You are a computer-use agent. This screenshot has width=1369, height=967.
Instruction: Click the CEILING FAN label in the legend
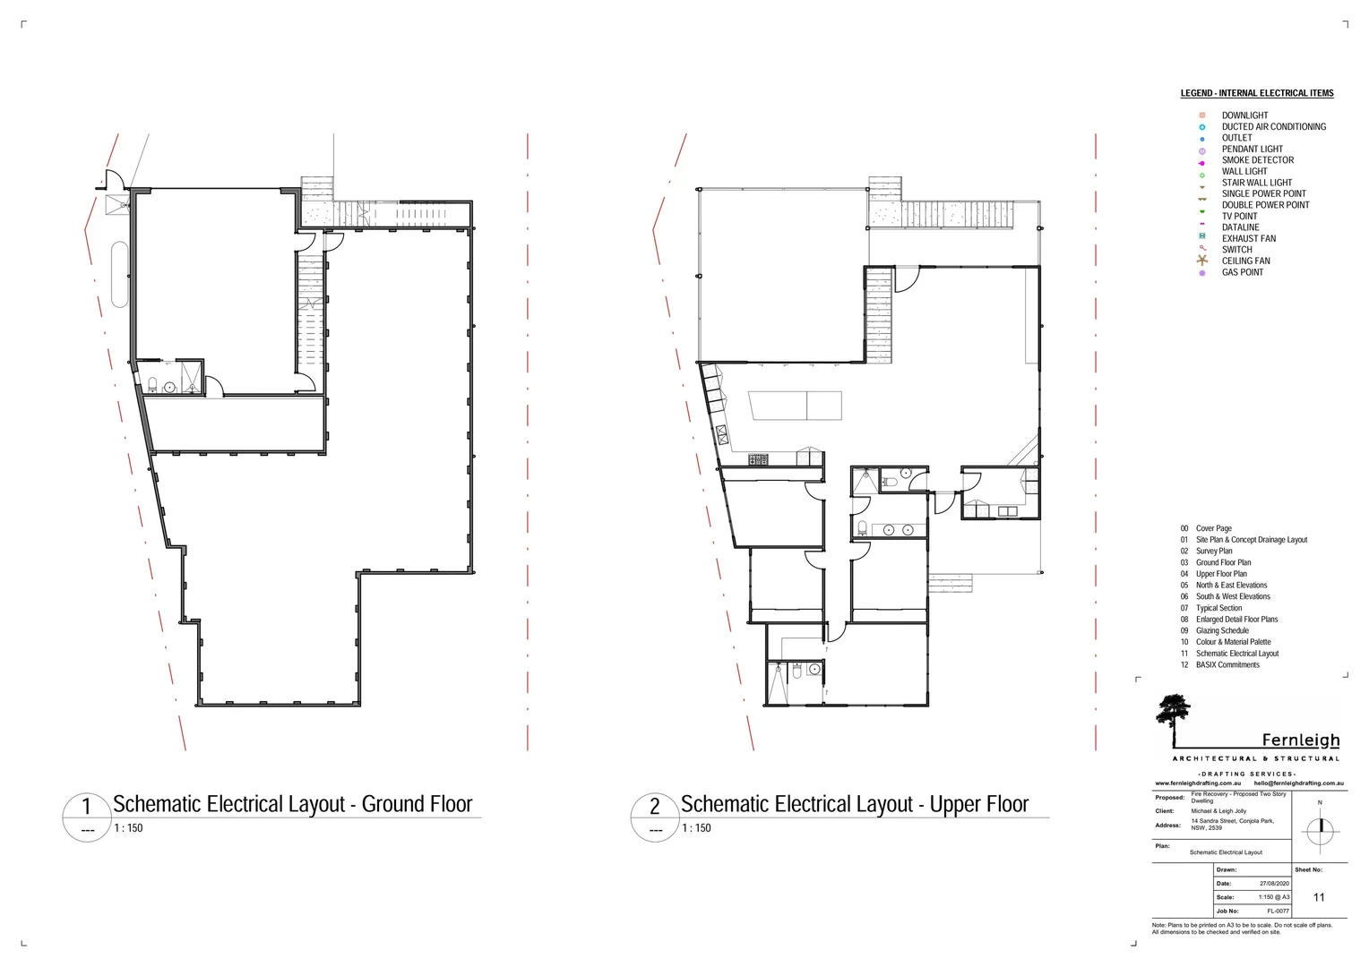pos(1245,261)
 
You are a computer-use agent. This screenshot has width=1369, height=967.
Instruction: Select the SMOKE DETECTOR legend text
pos(1257,160)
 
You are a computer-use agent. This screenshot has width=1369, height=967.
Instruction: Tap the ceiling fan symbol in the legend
pos(1202,261)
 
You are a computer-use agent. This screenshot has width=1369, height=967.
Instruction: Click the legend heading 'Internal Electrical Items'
pos(1256,93)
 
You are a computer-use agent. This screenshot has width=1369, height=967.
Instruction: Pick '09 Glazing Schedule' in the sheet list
pos(1221,630)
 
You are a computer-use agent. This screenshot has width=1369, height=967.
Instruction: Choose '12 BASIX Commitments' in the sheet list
pos(1227,664)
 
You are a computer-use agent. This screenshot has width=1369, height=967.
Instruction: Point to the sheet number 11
pos(1318,897)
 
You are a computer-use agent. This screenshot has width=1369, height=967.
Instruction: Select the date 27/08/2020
pos(1274,884)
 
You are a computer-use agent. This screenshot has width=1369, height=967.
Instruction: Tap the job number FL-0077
pos(1278,911)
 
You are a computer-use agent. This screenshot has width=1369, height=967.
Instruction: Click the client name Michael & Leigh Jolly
pos(1218,811)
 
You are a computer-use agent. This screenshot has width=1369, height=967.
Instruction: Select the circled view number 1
pos(87,807)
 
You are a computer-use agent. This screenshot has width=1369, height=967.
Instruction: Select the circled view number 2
pos(655,807)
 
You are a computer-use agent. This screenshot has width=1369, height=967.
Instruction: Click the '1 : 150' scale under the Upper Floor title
pos(696,828)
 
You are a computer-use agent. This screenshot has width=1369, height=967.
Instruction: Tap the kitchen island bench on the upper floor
pos(796,406)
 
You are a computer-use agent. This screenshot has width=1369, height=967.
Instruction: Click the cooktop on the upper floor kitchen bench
pos(758,459)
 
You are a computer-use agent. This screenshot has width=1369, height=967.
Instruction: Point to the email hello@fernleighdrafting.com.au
pos(1298,783)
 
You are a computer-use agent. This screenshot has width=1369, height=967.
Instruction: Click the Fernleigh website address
pos(1198,783)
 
